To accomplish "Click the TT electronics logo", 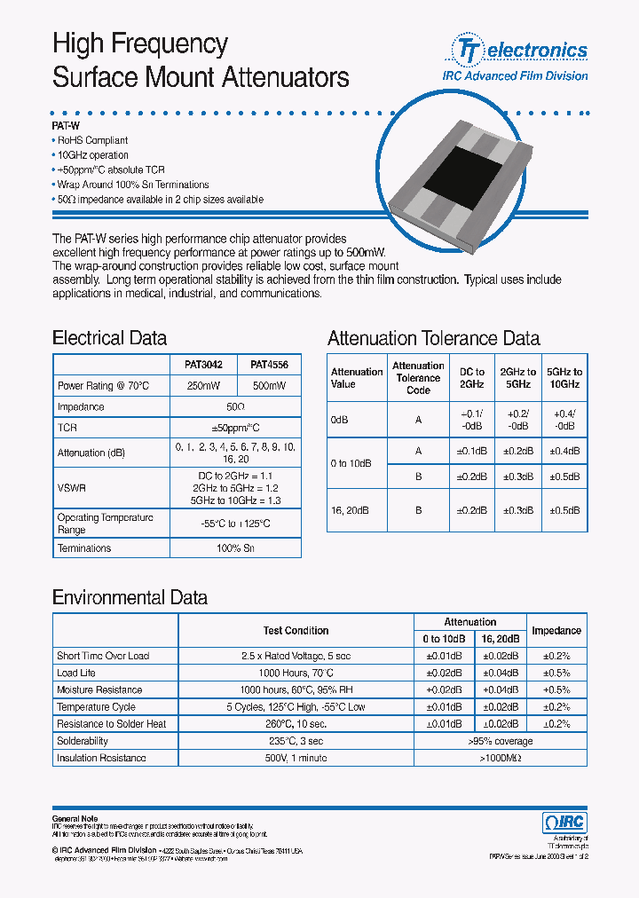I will (x=521, y=51).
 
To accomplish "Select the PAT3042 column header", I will (x=203, y=365).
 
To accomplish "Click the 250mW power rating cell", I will (x=203, y=386).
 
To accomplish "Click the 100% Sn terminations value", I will (x=235, y=548).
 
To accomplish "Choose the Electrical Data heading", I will (x=109, y=338).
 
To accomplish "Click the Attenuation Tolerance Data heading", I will (x=433, y=338).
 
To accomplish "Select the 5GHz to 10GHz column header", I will (x=564, y=378).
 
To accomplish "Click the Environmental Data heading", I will (x=130, y=597).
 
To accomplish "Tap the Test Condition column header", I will (x=296, y=631).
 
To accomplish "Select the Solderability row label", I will (x=83, y=741).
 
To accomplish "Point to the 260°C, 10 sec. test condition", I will (x=296, y=724).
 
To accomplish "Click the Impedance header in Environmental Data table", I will (x=556, y=631).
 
